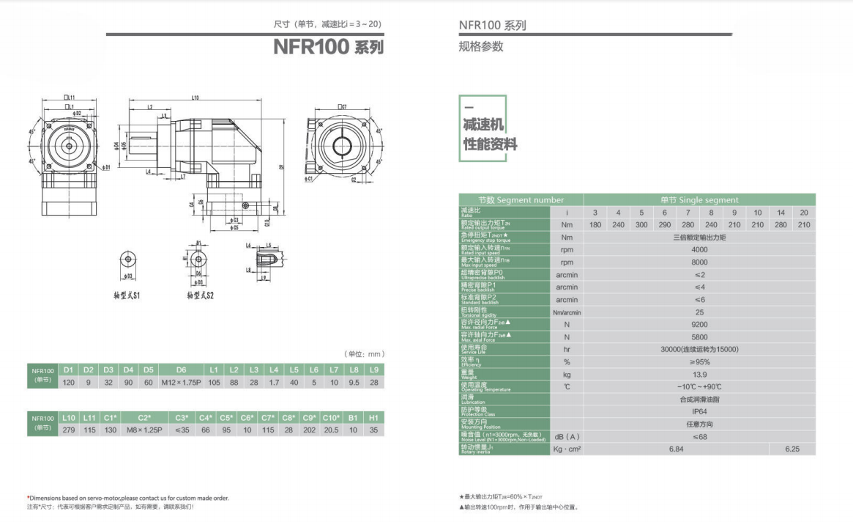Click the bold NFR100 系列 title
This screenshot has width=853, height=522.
click(x=328, y=48)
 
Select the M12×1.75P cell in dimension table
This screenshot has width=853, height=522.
click(x=182, y=382)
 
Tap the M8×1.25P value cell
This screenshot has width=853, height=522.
click(x=144, y=430)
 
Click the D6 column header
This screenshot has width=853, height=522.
click(x=182, y=370)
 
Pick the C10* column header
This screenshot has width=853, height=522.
click(x=332, y=418)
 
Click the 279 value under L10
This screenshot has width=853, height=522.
click(x=69, y=430)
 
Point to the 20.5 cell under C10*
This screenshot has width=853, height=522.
click(x=332, y=430)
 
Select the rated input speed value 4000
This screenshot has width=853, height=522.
click(x=699, y=249)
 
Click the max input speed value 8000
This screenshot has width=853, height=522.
click(x=699, y=262)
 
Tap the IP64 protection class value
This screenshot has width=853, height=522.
click(x=699, y=412)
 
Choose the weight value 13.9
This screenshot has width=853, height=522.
click(x=699, y=375)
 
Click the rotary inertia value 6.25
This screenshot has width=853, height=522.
click(x=792, y=449)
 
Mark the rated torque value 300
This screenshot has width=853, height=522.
click(x=641, y=225)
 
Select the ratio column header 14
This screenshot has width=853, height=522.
click(x=781, y=213)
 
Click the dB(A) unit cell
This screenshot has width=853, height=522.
click(x=566, y=437)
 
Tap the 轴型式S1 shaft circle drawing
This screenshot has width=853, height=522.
click(x=128, y=260)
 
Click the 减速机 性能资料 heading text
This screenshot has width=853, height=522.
click(x=490, y=136)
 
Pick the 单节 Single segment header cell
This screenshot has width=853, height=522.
click(x=699, y=200)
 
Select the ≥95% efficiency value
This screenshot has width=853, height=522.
click(x=699, y=362)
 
